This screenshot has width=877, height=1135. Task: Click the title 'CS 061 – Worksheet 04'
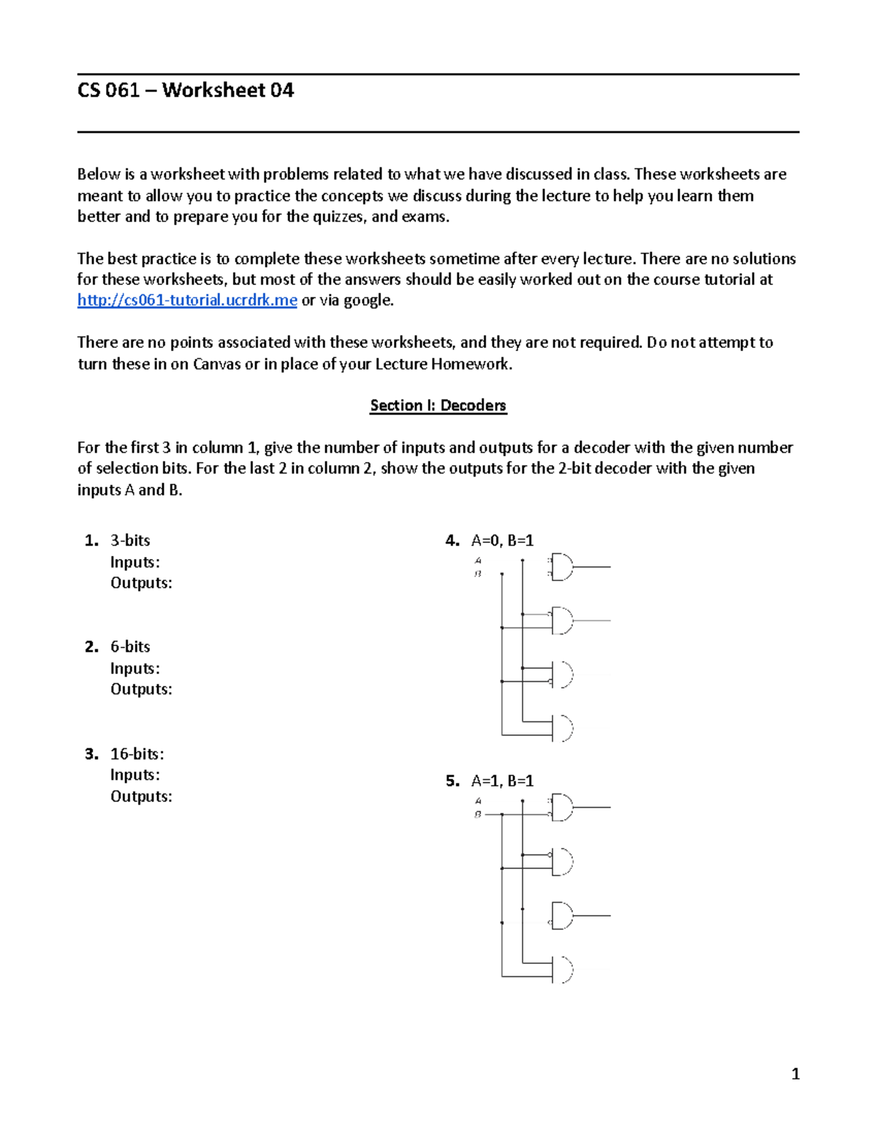(x=186, y=91)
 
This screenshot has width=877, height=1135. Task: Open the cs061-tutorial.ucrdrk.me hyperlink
(x=187, y=300)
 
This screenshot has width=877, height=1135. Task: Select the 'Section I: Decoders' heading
(x=438, y=406)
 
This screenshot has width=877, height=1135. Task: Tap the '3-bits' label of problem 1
(x=130, y=541)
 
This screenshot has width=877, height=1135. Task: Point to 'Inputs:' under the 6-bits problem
(x=134, y=669)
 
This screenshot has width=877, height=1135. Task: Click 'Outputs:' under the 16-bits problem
(x=141, y=797)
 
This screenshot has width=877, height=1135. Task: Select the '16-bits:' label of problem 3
(x=137, y=753)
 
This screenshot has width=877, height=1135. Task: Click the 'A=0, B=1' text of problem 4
(x=502, y=541)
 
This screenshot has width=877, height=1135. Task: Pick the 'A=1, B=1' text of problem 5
(x=502, y=781)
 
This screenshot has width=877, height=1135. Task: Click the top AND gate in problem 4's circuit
(x=562, y=567)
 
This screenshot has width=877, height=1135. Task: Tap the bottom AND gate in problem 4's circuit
(x=562, y=729)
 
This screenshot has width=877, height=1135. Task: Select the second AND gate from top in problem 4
(x=562, y=621)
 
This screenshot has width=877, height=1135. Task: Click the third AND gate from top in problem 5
(x=562, y=916)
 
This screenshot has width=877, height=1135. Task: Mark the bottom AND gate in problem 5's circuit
(x=562, y=970)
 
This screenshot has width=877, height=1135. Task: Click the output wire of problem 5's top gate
(x=592, y=808)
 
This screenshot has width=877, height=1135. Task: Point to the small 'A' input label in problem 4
(x=478, y=561)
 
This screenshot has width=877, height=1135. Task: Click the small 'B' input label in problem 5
(x=478, y=814)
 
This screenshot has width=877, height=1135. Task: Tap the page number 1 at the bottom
(x=795, y=1074)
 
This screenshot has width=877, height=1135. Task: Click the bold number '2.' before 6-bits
(x=91, y=647)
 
